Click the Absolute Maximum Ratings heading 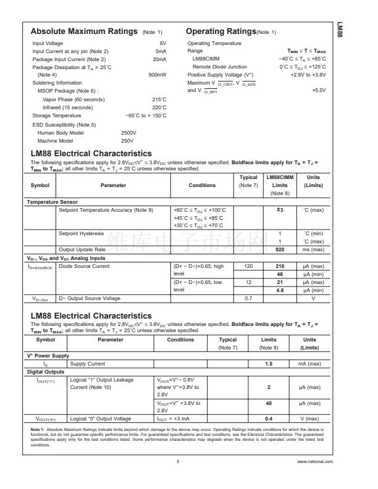coord(84,31)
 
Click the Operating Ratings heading coord(220,31)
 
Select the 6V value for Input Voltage coord(163,43)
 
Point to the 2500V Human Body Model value coord(128,132)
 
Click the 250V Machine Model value coord(127,140)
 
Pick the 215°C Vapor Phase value coord(159,99)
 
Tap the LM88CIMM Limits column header coord(280,185)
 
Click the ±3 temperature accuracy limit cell coord(280,210)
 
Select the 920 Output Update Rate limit coord(280,249)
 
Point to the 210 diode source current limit coord(280,265)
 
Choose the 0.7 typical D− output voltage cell coord(248,298)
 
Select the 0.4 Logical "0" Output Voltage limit coord(269,436)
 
